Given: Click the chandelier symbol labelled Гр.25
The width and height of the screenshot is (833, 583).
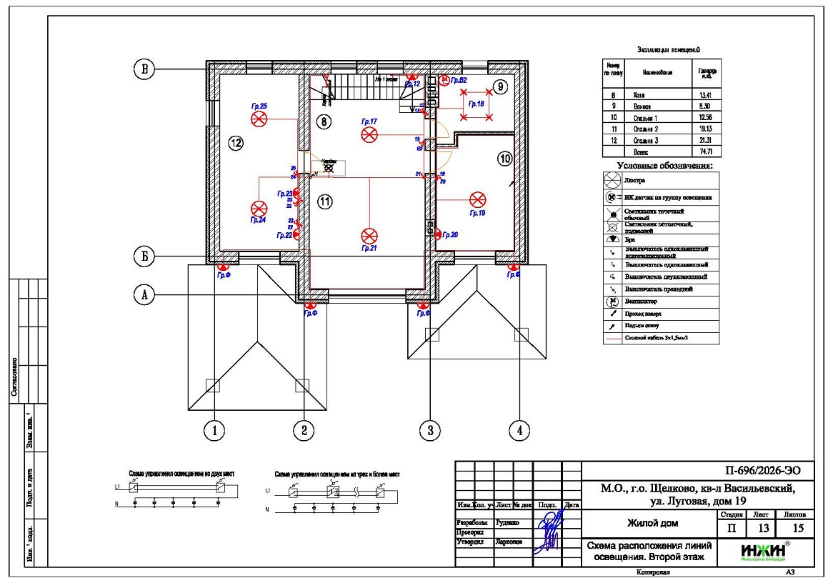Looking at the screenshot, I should point(259,120).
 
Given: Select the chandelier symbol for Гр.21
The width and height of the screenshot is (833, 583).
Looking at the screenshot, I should point(369,235).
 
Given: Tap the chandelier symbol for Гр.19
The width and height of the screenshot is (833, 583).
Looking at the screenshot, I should point(477,199).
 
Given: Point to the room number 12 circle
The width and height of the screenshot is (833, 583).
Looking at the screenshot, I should point(236,143).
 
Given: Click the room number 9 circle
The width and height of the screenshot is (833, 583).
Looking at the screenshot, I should point(500,87).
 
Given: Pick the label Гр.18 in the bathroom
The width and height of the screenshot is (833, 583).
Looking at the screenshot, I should point(477,104).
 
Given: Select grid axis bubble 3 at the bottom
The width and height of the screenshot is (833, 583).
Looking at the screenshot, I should point(429,430).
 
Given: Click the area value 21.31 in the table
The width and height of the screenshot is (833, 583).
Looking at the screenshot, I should point(705,141).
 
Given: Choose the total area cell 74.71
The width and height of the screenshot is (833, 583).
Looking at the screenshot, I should point(705,152).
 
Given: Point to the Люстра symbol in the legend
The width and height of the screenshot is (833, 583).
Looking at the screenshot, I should point(612,181).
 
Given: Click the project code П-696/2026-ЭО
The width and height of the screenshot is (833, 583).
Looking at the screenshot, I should point(758,471).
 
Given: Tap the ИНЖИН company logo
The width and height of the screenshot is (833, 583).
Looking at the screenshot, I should point(765,551).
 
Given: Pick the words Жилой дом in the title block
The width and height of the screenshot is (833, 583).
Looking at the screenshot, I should point(652,523).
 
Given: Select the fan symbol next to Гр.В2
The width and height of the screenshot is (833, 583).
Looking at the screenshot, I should point(444,81).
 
